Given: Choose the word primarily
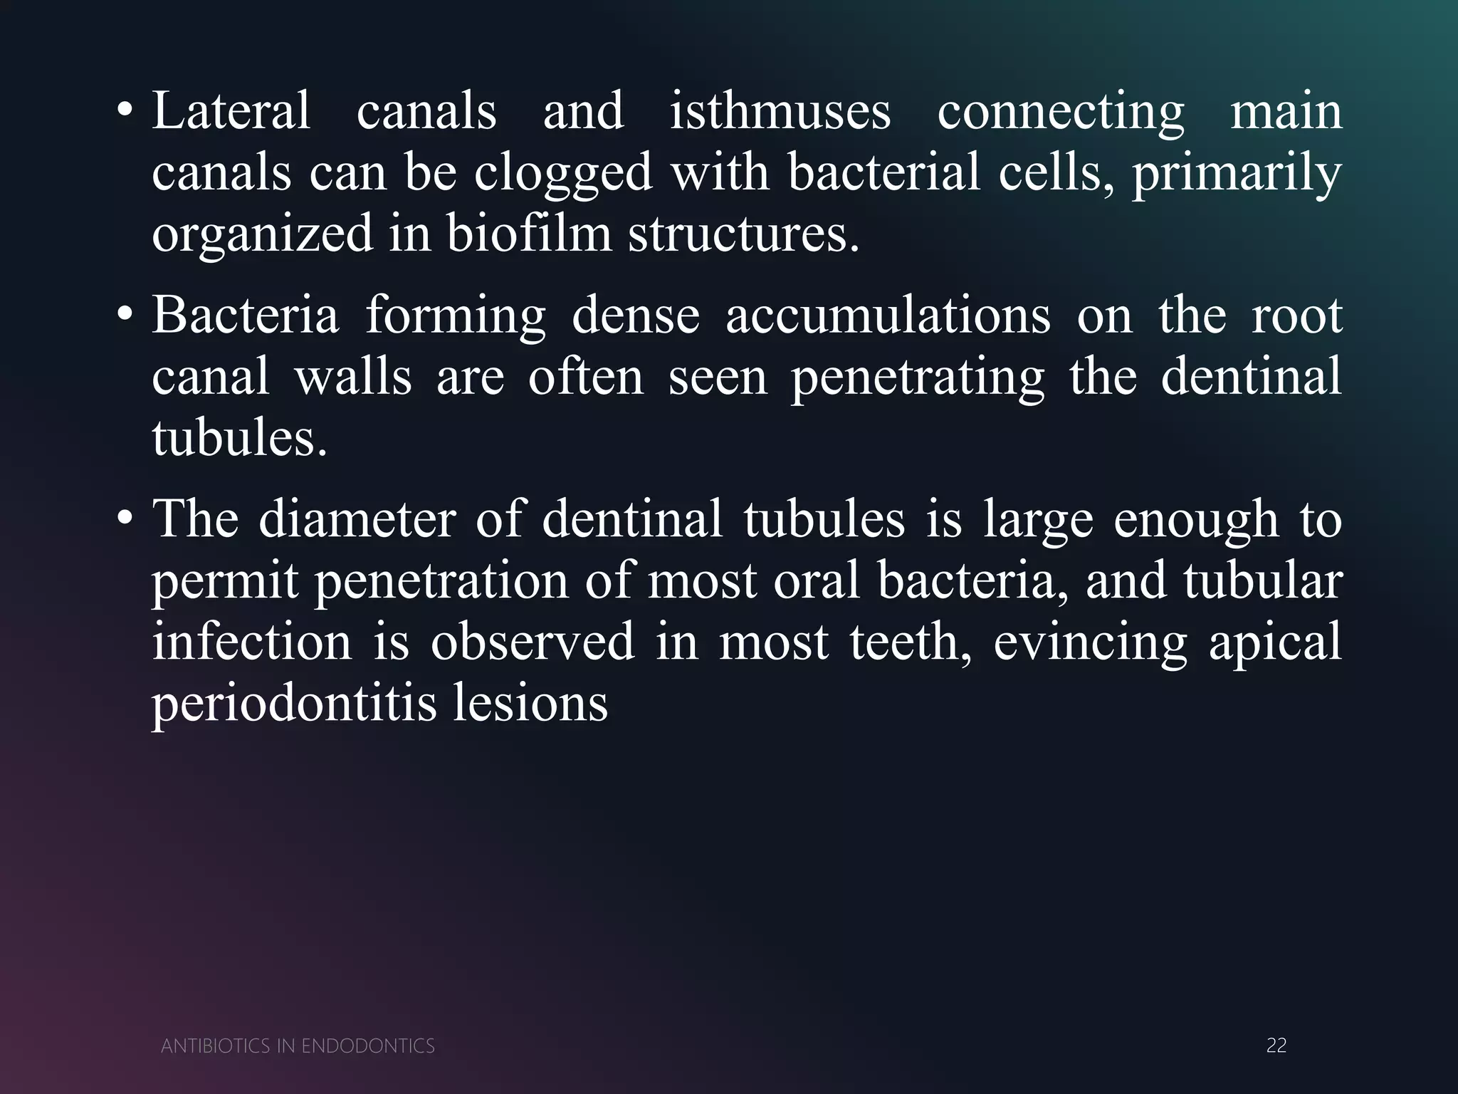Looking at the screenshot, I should click(x=1237, y=172).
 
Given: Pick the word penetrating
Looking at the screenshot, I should click(x=918, y=377).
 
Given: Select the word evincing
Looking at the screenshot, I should click(x=1090, y=641).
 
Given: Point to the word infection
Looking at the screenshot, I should click(x=252, y=641).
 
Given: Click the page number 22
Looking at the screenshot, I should click(x=1276, y=1045).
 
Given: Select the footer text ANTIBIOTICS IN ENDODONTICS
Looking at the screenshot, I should click(x=298, y=1046).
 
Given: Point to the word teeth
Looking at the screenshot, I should click(x=911, y=641).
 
